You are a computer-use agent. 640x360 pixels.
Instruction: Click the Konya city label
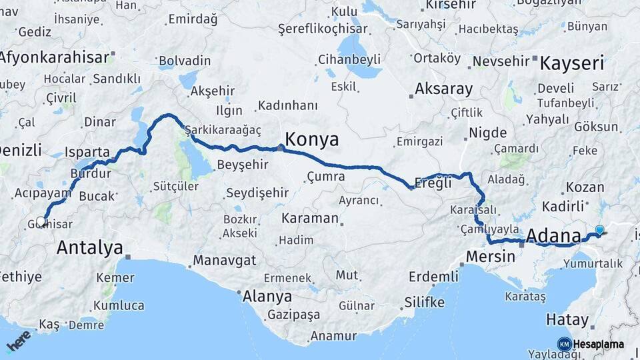(x=311, y=139)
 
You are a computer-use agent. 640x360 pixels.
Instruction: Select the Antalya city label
(x=89, y=248)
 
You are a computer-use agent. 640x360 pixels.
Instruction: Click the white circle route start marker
(x=41, y=221)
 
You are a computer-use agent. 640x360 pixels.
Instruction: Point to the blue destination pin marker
(x=599, y=231)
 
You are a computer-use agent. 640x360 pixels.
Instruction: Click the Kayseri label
(x=571, y=64)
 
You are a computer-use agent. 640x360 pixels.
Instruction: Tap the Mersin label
(x=491, y=256)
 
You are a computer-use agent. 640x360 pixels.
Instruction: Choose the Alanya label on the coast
(x=267, y=296)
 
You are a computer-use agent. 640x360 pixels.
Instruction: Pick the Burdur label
(x=95, y=173)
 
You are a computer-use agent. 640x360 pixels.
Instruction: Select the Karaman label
(x=310, y=218)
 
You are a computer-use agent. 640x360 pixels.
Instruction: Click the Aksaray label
(x=443, y=89)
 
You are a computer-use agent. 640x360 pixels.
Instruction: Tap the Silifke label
(x=424, y=302)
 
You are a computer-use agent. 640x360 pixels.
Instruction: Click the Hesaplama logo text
(x=598, y=344)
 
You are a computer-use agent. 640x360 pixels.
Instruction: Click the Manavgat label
(x=225, y=260)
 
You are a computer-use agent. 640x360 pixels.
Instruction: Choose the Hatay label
(x=567, y=319)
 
